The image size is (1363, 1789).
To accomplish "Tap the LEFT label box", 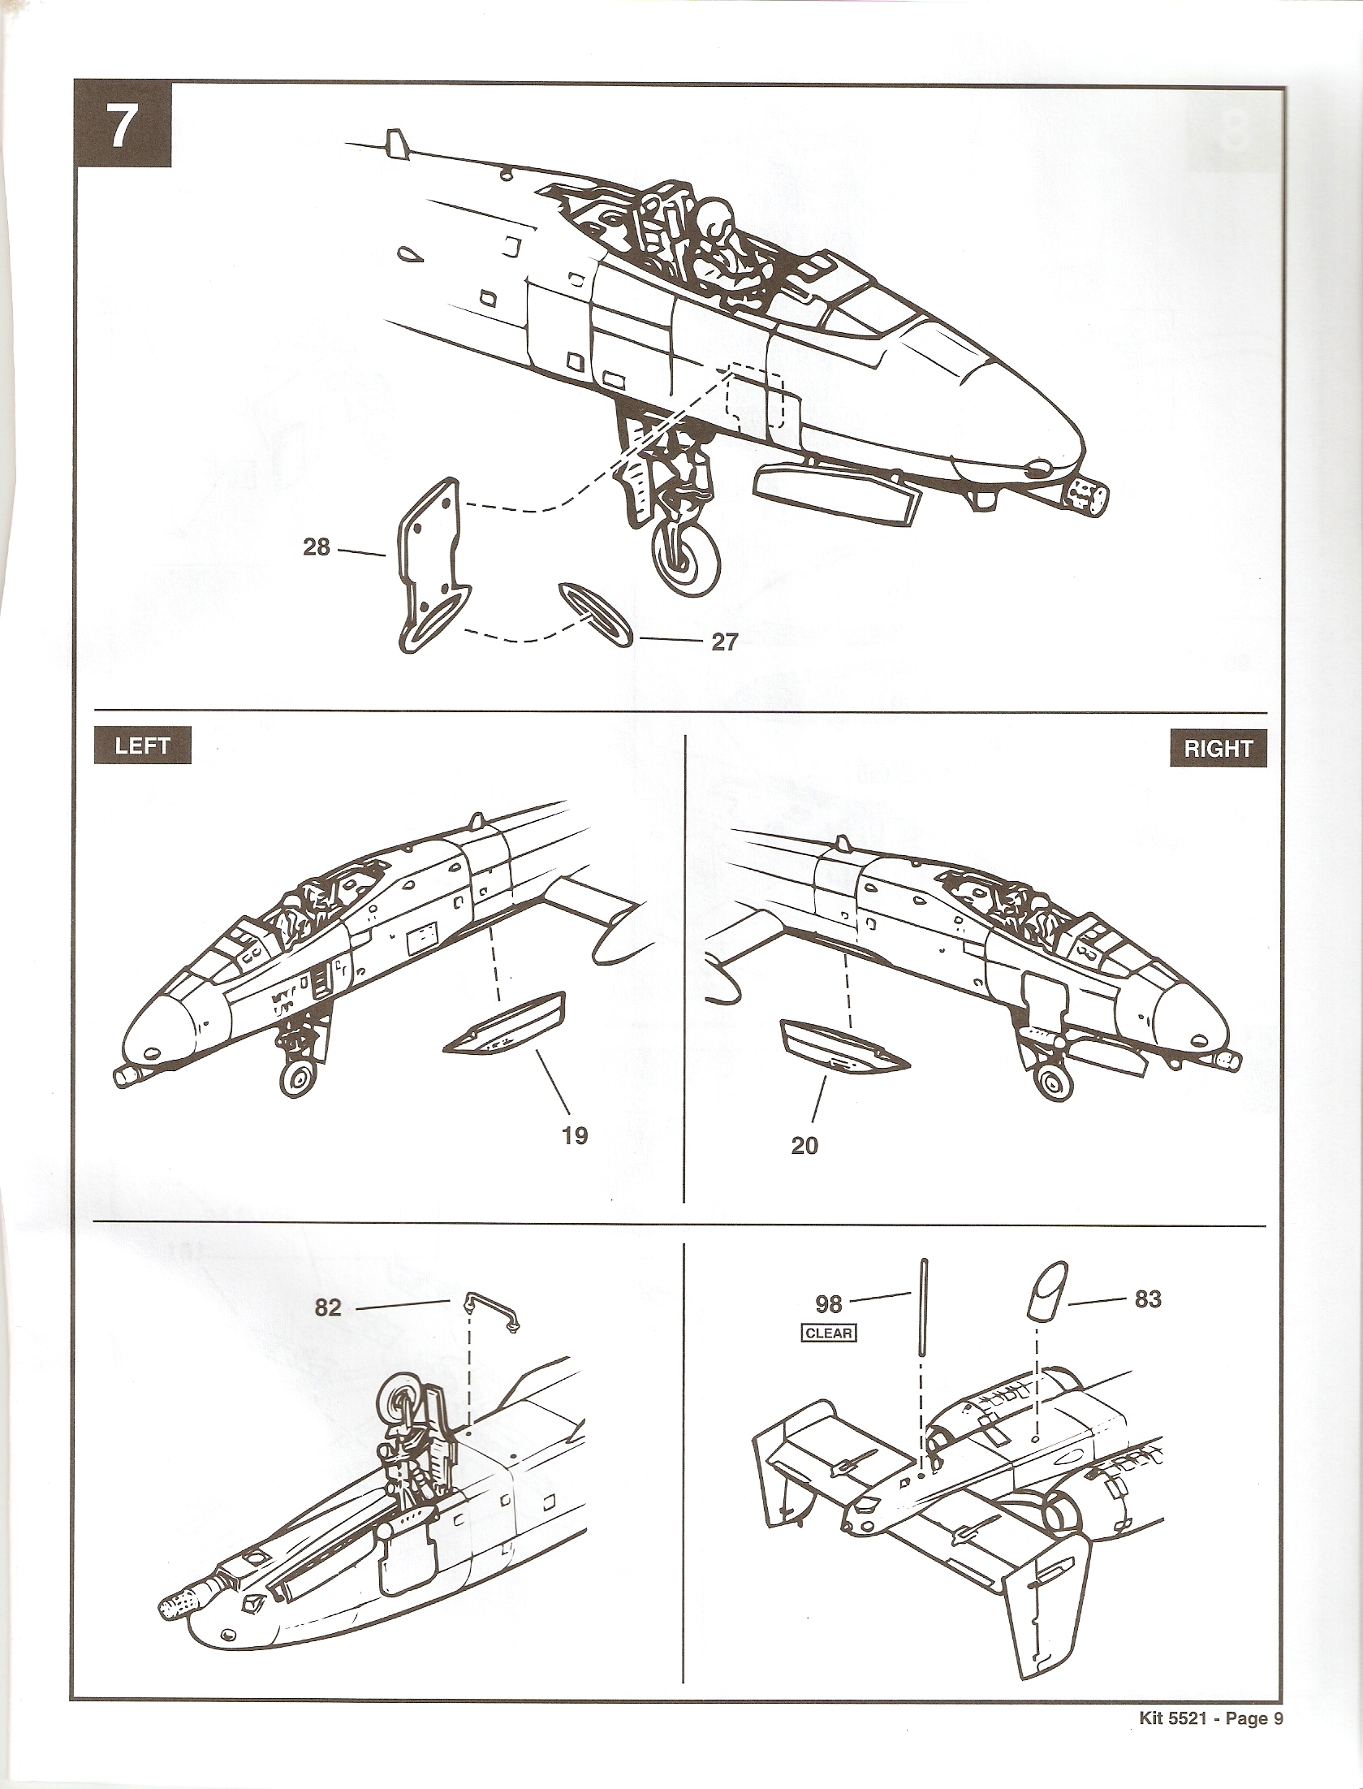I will (x=142, y=746).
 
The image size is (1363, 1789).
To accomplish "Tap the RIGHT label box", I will (x=1218, y=748).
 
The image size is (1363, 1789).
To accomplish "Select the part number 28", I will (x=316, y=547).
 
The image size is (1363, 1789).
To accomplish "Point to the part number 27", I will (x=724, y=642).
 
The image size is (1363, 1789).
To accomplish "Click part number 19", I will (x=575, y=1134).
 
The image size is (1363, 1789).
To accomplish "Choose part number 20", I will (x=804, y=1146).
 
